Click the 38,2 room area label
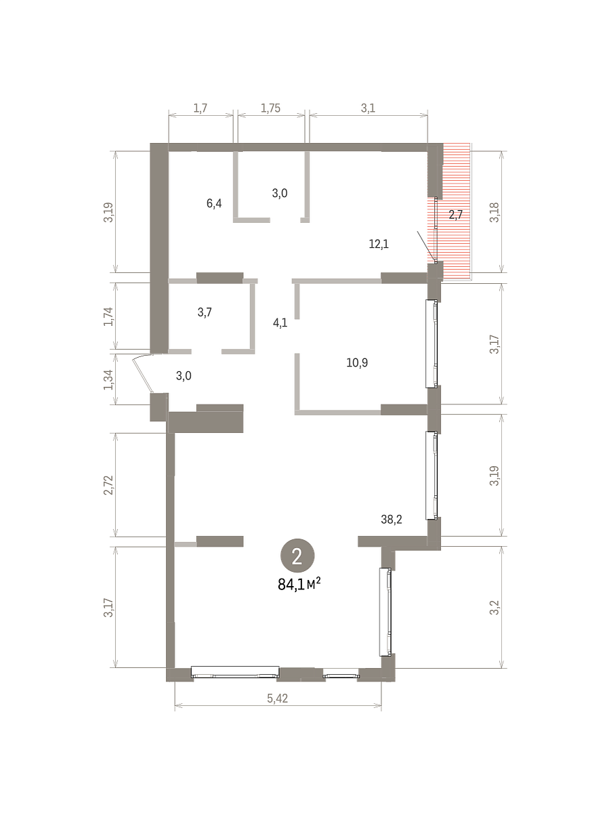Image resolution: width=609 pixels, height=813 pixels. (392, 520)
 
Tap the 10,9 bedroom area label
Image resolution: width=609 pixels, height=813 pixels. (357, 362)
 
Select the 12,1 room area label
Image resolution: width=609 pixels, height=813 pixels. (379, 244)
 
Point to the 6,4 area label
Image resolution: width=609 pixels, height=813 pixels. (214, 203)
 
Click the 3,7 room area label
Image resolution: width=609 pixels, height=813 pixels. (205, 312)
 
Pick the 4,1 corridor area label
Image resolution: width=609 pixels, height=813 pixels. (280, 323)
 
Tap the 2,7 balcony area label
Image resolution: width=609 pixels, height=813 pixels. (456, 215)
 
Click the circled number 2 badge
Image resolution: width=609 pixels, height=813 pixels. (297, 556)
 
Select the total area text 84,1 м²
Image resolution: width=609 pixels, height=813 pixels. (299, 585)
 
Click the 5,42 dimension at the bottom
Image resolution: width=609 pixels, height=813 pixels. (277, 699)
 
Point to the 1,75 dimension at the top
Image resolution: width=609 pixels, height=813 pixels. (270, 108)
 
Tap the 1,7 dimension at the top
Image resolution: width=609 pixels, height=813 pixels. (201, 108)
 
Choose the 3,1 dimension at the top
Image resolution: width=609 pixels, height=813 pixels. (368, 108)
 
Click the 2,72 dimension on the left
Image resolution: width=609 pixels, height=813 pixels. (108, 485)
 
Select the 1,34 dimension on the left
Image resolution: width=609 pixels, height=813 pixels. (108, 379)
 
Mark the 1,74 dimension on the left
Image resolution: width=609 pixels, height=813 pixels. (108, 316)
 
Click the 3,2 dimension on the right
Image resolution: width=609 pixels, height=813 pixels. (495, 608)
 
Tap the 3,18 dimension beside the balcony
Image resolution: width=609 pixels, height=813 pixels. (495, 212)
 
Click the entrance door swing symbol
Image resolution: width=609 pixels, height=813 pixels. (142, 372)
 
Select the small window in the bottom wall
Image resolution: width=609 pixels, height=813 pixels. (341, 676)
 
